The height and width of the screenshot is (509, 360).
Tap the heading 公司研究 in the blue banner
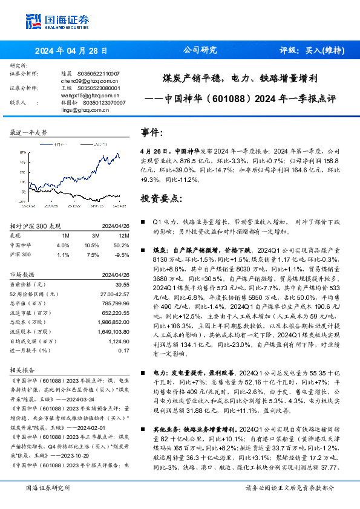pyautogui.click(x=200, y=50)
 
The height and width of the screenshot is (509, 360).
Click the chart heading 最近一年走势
pyautogui.click(x=29, y=132)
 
